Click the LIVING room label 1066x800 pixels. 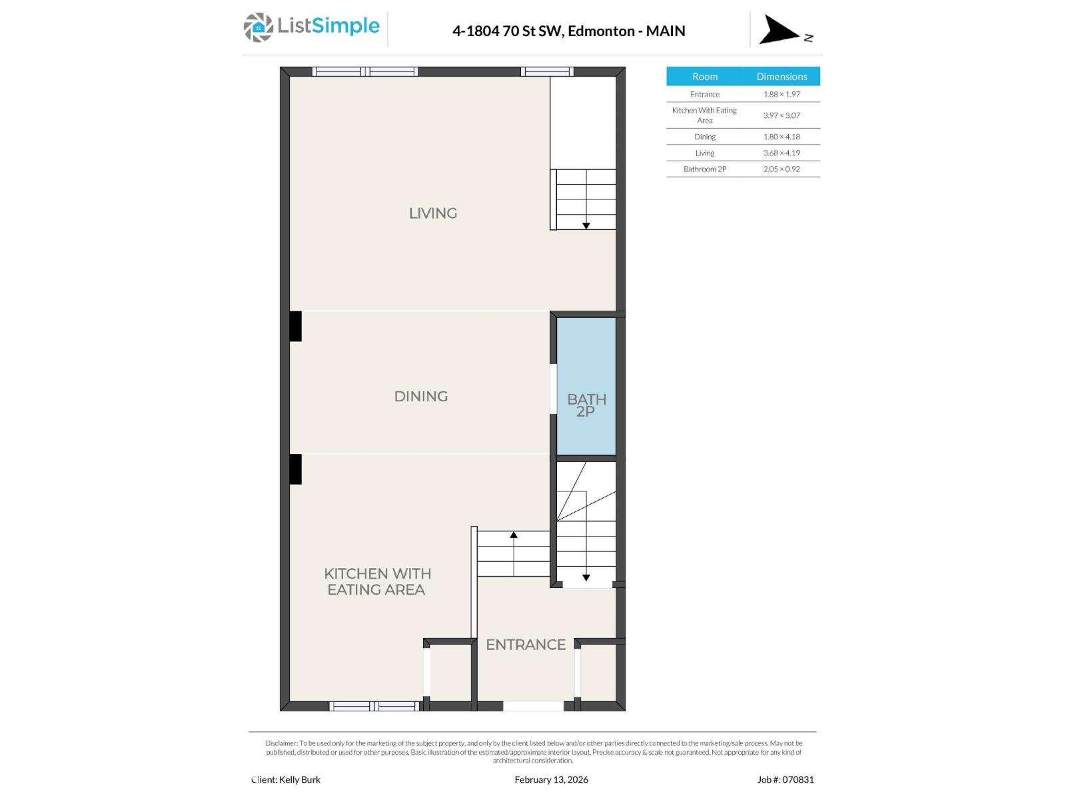[x=432, y=213]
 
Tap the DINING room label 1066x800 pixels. [x=420, y=396]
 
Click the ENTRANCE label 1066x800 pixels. [x=525, y=645]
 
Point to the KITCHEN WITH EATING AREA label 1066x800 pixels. [x=377, y=581]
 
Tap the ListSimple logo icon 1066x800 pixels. [x=258, y=27]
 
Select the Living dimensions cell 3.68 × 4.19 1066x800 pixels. [x=782, y=153]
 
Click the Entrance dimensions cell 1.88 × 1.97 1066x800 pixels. [x=782, y=94]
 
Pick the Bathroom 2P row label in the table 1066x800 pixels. [x=704, y=169]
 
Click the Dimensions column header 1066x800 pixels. [x=782, y=76]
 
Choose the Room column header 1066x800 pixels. [x=704, y=76]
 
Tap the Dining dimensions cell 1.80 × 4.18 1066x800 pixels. [x=782, y=137]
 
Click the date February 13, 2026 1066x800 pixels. [x=551, y=779]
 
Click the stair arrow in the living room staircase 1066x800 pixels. [x=586, y=225]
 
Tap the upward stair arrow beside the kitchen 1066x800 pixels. [x=514, y=535]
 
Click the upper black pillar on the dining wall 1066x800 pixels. [x=295, y=326]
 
